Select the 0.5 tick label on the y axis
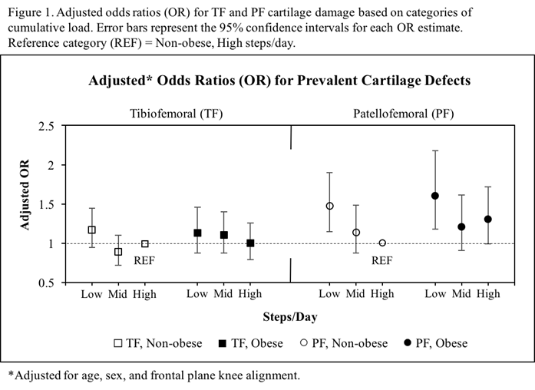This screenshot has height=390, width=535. point(46,283)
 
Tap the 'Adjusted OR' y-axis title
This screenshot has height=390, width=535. point(25,203)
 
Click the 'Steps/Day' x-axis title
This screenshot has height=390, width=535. point(289,316)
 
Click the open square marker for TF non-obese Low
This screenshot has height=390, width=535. point(92,230)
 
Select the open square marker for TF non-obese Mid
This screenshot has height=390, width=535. point(118,252)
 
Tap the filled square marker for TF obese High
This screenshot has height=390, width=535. point(250,243)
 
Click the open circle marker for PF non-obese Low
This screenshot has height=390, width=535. point(329,206)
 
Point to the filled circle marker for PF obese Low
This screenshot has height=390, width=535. point(435,196)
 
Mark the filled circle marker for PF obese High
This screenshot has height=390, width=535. point(488,219)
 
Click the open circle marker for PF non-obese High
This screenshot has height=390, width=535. point(382,243)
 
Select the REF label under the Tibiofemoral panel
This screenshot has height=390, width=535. point(145,260)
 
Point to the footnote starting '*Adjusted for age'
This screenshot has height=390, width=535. point(154,375)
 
